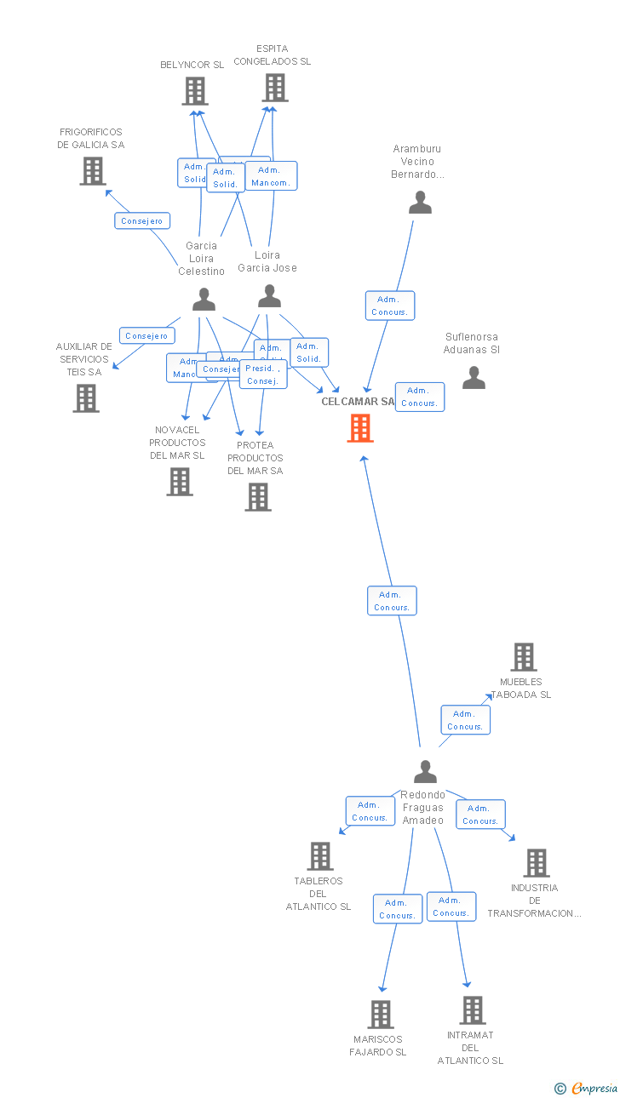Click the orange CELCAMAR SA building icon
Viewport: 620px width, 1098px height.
pyautogui.click(x=360, y=428)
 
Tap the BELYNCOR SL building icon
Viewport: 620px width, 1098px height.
pyautogui.click(x=195, y=91)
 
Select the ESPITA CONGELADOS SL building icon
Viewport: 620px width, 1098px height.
pyautogui.click(x=274, y=87)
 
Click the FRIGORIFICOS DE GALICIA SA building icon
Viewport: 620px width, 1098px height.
pyautogui.click(x=92, y=171)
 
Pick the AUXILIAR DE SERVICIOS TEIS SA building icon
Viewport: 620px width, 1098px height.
pyautogui.click(x=85, y=397)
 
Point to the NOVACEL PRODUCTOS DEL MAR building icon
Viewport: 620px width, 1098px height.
pyautogui.click(x=179, y=482)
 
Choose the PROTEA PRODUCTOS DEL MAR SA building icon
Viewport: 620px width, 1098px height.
pyautogui.click(x=258, y=496)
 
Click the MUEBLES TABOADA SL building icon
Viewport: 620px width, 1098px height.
pyautogui.click(x=524, y=657)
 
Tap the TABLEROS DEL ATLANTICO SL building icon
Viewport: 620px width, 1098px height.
pyautogui.click(x=319, y=856)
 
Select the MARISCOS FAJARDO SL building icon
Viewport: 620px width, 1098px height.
pyautogui.click(x=380, y=1015)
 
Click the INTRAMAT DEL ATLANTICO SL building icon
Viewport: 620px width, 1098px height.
pyautogui.click(x=472, y=1010)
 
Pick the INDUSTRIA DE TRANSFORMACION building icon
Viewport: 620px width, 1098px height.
pyautogui.click(x=536, y=863)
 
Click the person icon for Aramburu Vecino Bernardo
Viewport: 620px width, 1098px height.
pyautogui.click(x=420, y=203)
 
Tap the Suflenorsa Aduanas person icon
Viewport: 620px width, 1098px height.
pyautogui.click(x=474, y=378)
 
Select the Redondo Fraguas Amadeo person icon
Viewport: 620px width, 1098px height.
pyautogui.click(x=425, y=771)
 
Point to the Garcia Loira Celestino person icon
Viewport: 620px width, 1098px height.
pyautogui.click(x=204, y=300)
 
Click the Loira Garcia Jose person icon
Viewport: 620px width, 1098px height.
pyautogui.click(x=269, y=296)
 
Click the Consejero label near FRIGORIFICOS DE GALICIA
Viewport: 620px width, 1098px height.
pyautogui.click(x=142, y=221)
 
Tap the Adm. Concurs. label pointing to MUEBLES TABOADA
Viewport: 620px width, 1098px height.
pyautogui.click(x=465, y=720)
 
